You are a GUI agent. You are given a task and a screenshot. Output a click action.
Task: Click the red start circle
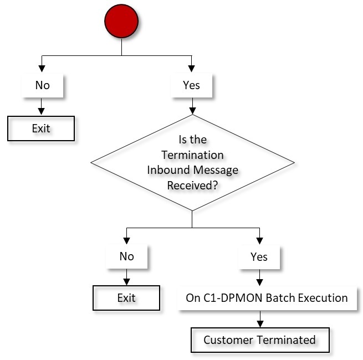[121, 22]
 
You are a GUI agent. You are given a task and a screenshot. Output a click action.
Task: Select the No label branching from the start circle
[42, 85]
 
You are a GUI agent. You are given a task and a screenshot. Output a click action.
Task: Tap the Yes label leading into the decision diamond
[191, 85]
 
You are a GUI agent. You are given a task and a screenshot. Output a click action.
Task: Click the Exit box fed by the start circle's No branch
[41, 128]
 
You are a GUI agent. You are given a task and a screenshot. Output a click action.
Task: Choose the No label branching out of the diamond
[126, 256]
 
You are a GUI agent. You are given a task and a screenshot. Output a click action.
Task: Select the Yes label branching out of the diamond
[259, 256]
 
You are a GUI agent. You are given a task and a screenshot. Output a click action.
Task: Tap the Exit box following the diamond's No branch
[126, 298]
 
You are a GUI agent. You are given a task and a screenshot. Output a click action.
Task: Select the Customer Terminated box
[259, 340]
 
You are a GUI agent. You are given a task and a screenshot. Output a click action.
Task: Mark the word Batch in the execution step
[267, 298]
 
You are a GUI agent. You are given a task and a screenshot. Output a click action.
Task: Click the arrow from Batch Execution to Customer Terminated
[259, 319]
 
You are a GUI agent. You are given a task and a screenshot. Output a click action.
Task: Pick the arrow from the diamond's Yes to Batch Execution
[259, 276]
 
